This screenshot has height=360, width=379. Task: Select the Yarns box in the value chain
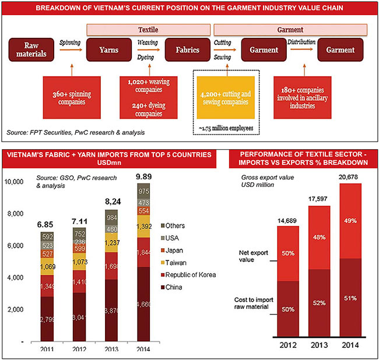[109, 50]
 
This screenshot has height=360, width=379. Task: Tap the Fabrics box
[187, 50]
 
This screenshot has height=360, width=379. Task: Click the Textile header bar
[148, 29]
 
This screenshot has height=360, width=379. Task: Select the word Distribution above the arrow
[301, 42]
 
